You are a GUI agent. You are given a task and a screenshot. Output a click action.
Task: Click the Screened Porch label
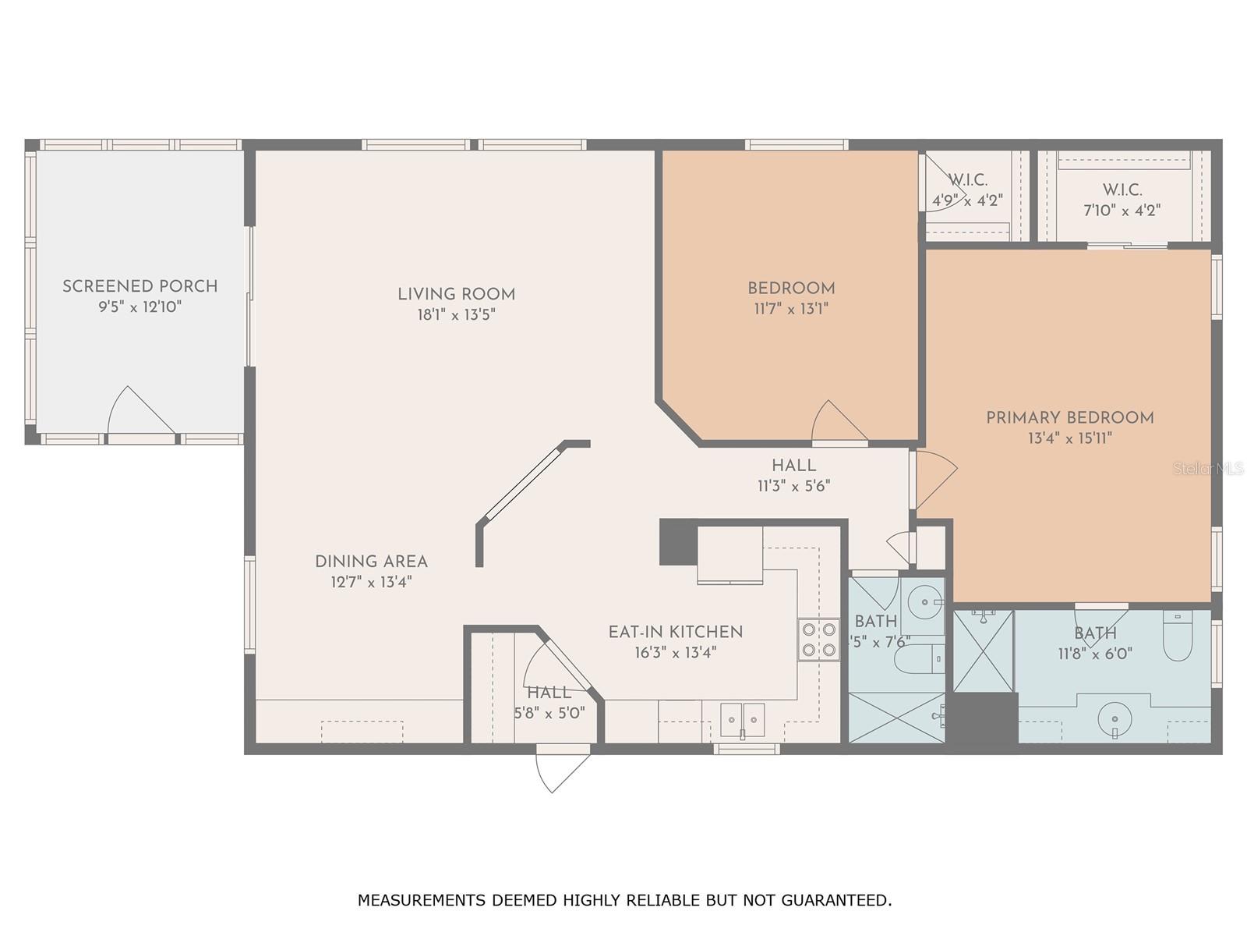140,286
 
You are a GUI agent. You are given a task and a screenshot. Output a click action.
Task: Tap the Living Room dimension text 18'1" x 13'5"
456,315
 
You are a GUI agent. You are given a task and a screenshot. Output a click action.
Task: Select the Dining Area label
371,562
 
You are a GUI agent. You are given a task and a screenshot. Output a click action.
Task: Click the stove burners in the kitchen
818,640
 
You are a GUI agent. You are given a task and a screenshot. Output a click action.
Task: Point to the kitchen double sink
742,719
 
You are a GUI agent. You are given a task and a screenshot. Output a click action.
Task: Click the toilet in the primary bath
1177,636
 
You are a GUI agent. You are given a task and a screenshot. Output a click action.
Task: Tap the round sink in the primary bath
1115,718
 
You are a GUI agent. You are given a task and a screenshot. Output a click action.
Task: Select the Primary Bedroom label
1069,418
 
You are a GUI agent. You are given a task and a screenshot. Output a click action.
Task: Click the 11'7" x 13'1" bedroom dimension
790,309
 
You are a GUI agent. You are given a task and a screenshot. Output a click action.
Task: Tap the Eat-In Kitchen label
675,632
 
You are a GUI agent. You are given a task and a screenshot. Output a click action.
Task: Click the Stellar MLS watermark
1209,469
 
